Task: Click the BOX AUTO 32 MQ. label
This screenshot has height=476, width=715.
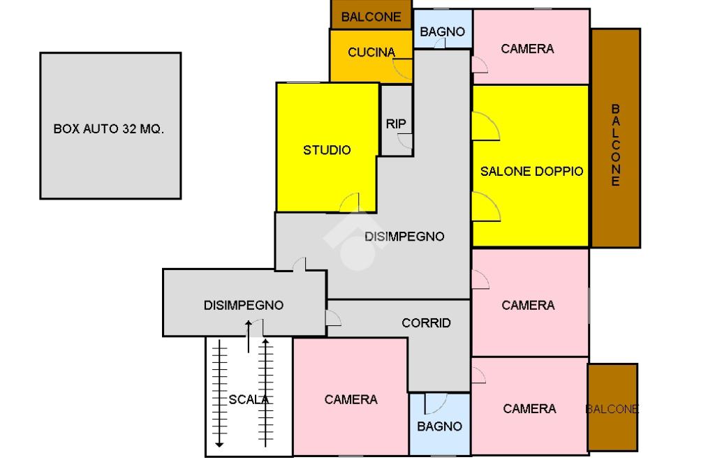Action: (x=108, y=129)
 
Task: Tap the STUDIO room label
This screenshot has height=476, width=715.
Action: (x=327, y=150)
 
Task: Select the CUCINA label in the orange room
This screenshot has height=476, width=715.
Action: (x=371, y=52)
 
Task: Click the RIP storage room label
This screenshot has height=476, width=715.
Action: (x=396, y=124)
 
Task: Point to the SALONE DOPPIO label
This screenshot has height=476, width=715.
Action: (x=531, y=172)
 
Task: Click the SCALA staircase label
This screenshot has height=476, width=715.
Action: (x=249, y=400)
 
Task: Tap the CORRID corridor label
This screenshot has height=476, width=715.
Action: (x=427, y=323)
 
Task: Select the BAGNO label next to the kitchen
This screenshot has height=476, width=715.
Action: (x=442, y=32)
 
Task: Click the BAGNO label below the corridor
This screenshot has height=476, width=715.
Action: (x=440, y=426)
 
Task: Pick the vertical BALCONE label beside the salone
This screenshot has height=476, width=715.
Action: (x=616, y=145)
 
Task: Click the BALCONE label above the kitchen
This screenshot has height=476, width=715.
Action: (x=371, y=17)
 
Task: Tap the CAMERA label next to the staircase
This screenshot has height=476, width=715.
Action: (x=351, y=400)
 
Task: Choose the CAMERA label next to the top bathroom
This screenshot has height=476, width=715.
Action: (x=528, y=49)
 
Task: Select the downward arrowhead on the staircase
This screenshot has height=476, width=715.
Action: (x=219, y=444)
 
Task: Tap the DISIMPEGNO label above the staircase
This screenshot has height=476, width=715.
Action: (x=244, y=305)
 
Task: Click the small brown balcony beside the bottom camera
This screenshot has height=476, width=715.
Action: (x=612, y=408)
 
